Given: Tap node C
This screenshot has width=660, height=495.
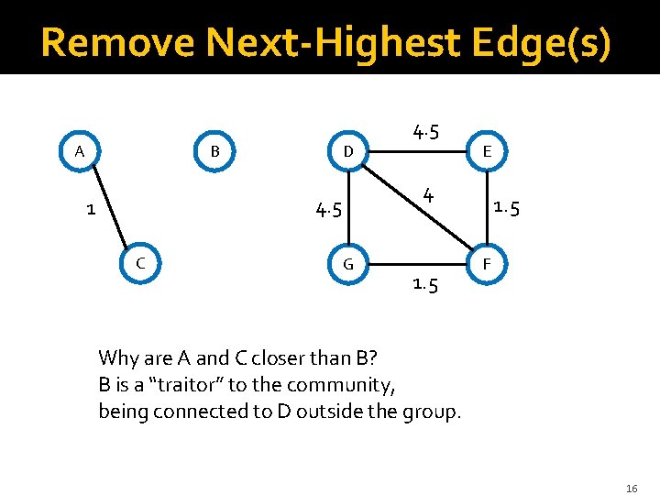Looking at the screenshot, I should point(140,263).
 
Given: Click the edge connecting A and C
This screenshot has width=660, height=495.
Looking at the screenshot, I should point(113,212).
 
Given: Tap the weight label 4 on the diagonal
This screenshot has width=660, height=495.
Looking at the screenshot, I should point(427,194).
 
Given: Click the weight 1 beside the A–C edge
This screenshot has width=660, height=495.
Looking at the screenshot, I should point(90,209).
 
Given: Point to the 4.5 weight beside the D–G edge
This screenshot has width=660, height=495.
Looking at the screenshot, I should point(328,210).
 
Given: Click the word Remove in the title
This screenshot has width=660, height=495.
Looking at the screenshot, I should point(117,42).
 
